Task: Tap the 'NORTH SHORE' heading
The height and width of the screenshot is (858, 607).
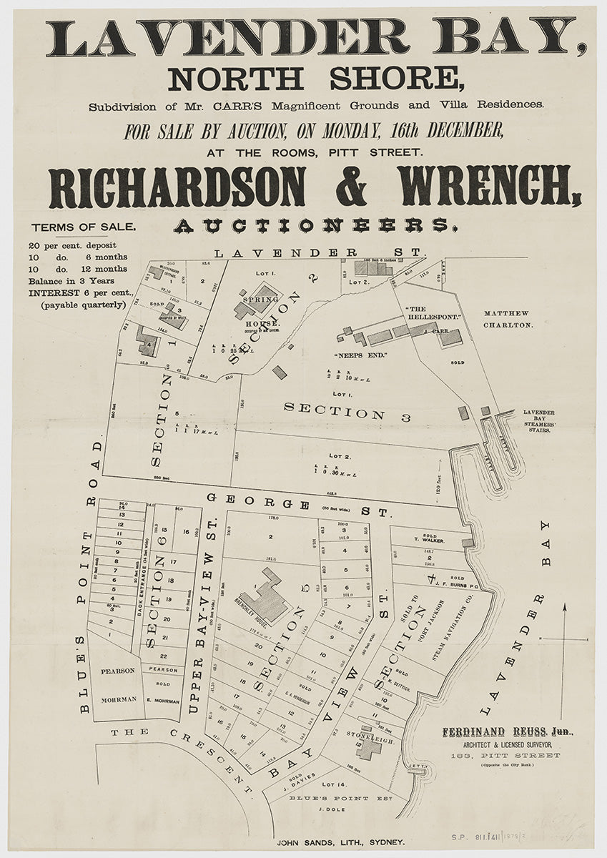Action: (315, 78)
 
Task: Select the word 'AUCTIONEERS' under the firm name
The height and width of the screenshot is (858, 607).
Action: (315, 226)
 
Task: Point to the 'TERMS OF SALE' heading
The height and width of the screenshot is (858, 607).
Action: (83, 227)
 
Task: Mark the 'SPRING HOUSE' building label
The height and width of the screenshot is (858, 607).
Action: (260, 312)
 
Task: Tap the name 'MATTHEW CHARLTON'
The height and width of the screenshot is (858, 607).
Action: (508, 319)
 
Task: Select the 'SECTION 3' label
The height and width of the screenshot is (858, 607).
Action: (346, 412)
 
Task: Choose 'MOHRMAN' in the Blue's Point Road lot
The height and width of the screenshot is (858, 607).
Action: (119, 700)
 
